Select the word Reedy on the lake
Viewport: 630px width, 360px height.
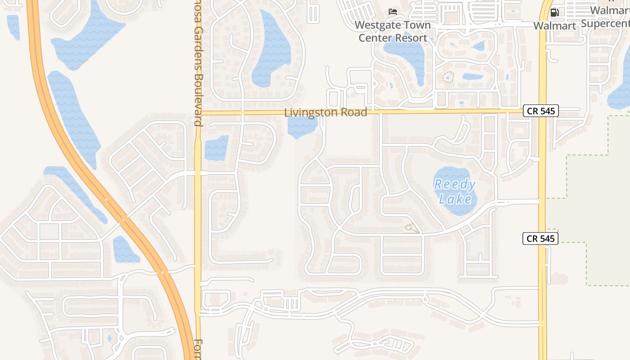tap(455, 184)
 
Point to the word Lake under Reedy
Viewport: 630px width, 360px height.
tap(455, 199)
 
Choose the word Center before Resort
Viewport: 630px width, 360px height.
tap(374, 38)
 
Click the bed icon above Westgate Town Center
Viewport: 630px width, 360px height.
tap(393, 11)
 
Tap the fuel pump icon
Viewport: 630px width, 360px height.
tap(555, 12)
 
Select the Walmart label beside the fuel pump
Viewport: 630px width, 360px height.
tap(554, 26)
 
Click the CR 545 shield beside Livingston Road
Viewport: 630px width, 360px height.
tap(540, 111)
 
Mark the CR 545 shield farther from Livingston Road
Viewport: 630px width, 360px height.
tap(540, 238)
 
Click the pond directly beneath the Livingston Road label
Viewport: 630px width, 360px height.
tap(302, 127)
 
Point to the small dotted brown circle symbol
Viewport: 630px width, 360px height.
tap(448, 77)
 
